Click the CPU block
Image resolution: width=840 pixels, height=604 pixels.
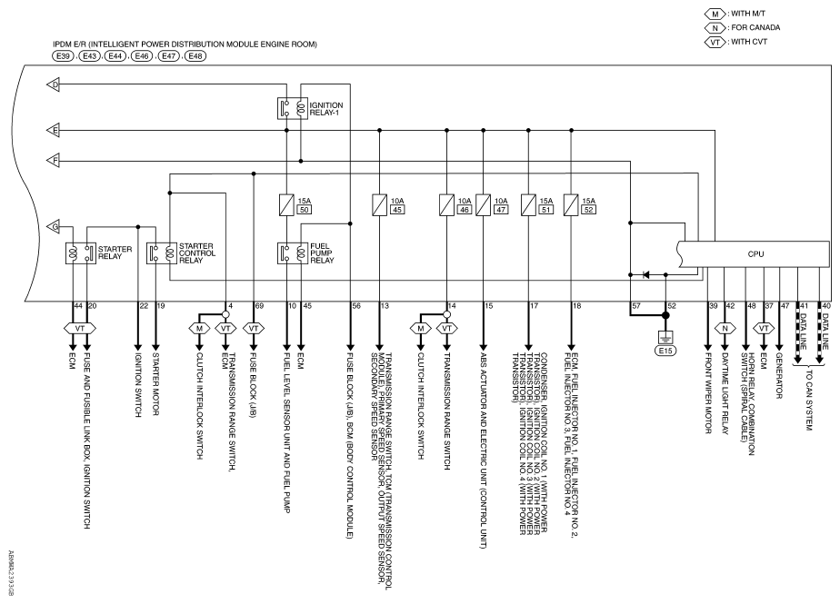(x=755, y=253)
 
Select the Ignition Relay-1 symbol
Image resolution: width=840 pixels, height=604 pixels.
(x=293, y=109)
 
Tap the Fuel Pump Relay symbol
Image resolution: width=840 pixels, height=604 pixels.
(x=293, y=253)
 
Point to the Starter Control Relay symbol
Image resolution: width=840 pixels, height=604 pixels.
(x=162, y=253)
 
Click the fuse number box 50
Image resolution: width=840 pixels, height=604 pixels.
(x=305, y=210)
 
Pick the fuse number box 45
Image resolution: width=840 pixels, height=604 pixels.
(x=397, y=210)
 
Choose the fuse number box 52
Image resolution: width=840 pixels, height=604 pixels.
(x=588, y=210)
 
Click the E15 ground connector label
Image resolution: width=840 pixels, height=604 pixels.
(x=665, y=351)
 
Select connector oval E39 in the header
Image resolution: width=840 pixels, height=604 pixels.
(x=64, y=55)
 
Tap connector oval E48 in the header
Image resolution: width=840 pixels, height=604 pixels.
(x=195, y=55)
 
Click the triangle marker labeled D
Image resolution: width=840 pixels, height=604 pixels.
(x=53, y=84)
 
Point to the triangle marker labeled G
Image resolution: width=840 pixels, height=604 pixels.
(x=53, y=226)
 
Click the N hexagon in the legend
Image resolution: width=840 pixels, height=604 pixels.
(x=715, y=28)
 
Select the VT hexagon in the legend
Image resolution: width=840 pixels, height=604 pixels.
(x=715, y=42)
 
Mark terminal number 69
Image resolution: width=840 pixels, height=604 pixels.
(x=260, y=306)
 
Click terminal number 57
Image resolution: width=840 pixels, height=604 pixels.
(x=636, y=306)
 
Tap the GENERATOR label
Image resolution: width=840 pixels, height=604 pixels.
(x=779, y=375)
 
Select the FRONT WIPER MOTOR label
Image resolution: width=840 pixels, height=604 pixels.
(x=707, y=393)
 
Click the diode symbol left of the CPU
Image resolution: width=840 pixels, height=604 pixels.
(x=645, y=274)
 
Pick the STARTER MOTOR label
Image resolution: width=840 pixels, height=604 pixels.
(x=155, y=384)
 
